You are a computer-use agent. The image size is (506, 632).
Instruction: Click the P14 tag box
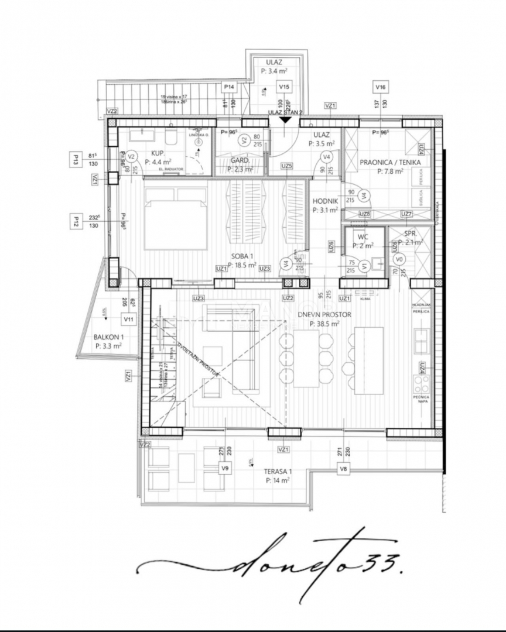(x=230, y=87)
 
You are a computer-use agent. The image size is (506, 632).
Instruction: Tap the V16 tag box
(x=381, y=87)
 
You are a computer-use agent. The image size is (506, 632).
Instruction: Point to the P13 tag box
(x=76, y=159)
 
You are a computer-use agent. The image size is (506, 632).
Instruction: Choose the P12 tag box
(x=76, y=221)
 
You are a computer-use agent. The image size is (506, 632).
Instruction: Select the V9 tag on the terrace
(x=225, y=468)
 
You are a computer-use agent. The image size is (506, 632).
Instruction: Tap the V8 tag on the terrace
(x=343, y=468)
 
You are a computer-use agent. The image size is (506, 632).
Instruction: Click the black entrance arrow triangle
(x=285, y=120)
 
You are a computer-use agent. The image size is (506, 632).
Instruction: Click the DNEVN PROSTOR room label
(x=323, y=315)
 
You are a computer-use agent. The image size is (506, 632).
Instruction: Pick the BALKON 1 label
(x=108, y=338)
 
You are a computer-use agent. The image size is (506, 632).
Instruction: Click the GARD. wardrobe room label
(x=240, y=160)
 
